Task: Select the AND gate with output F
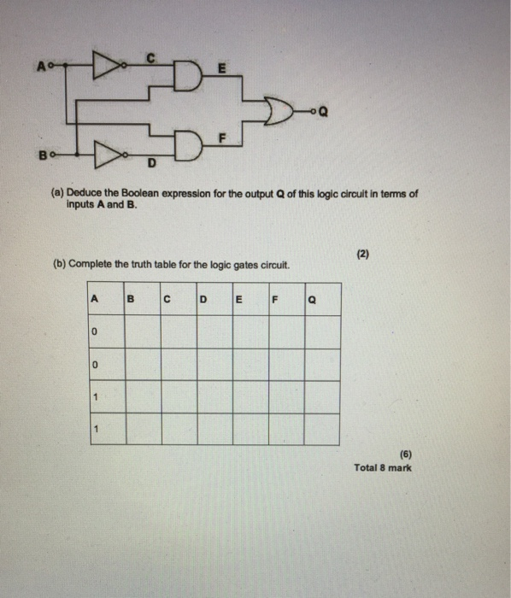pos(184,140)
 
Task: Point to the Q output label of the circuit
pos(320,110)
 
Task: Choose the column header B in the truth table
pos(130,299)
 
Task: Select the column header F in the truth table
pos(274,299)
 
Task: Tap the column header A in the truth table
pos(94,298)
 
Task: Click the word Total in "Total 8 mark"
pos(366,468)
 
